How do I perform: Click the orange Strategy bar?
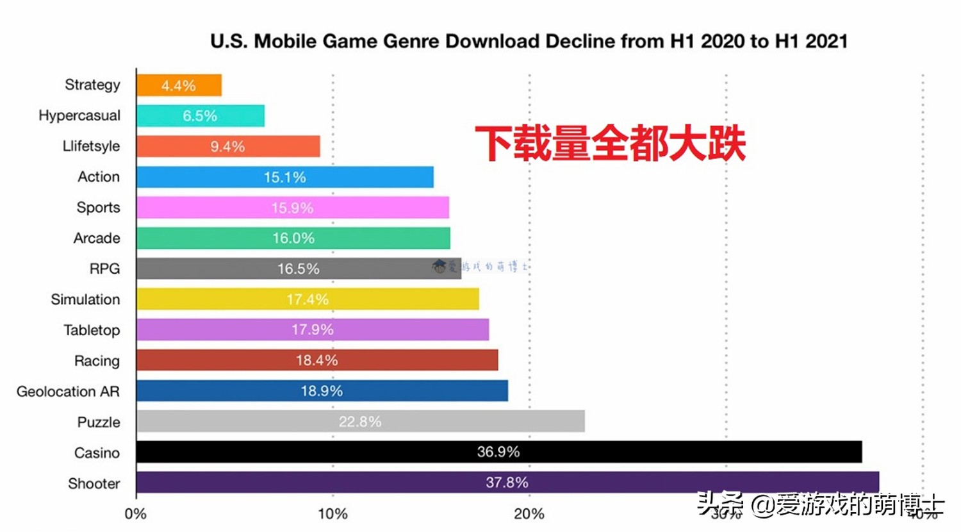[x=179, y=85]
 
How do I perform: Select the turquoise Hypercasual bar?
[x=200, y=116]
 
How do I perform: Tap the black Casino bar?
[x=498, y=452]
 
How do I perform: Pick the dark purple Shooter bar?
[x=507, y=482]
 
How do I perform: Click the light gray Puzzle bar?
[x=360, y=421]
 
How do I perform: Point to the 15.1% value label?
[x=284, y=178]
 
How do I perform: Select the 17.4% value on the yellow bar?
[x=308, y=299]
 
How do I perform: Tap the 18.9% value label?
[x=322, y=391]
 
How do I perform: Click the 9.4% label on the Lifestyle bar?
[x=227, y=147]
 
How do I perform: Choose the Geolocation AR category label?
[x=68, y=392]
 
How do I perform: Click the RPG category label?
[x=104, y=269]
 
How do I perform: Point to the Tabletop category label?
[x=92, y=330]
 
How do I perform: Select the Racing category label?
[x=97, y=361]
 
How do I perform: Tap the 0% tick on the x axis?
[x=136, y=514]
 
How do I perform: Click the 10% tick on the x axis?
[x=333, y=514]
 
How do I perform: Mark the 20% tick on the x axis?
[x=529, y=514]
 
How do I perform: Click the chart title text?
[x=529, y=42]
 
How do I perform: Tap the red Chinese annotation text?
[x=610, y=144]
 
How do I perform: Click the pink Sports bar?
[x=292, y=208]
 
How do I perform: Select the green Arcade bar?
[x=293, y=238]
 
